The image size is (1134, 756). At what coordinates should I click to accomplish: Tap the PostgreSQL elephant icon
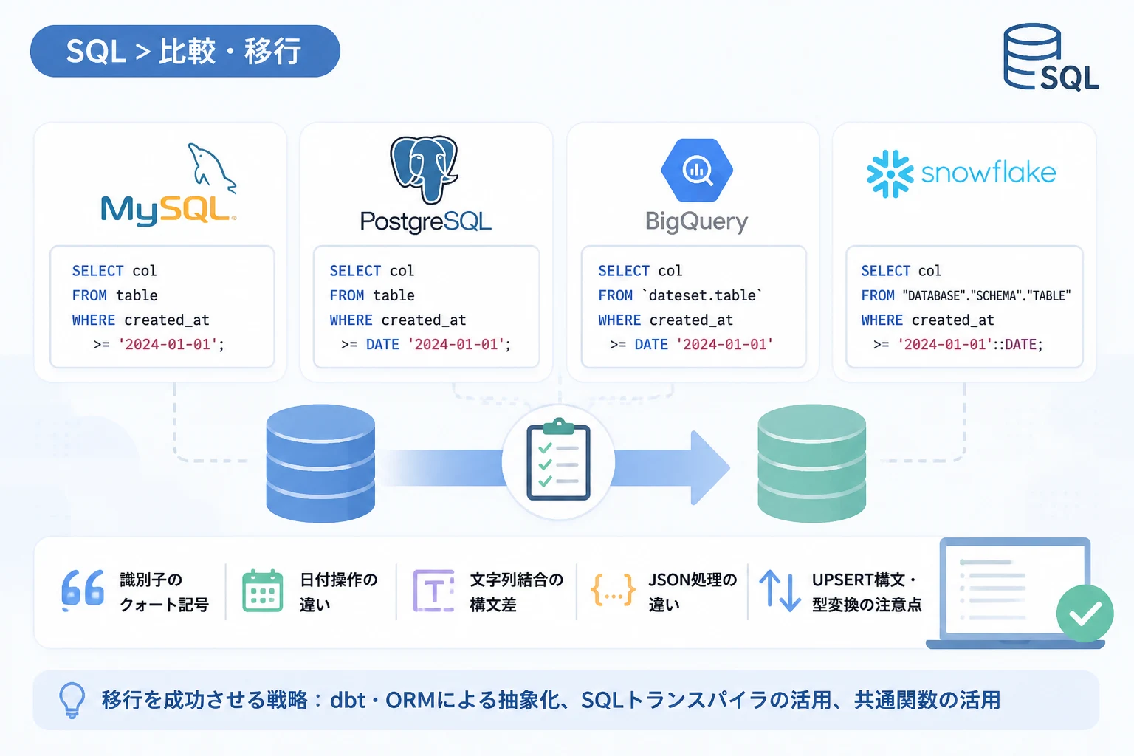[x=424, y=169]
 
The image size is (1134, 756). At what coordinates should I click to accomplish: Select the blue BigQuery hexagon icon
[x=697, y=170]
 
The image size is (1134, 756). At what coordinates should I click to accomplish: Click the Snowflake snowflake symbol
[x=890, y=173]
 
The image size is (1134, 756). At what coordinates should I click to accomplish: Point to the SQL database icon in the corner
[x=1050, y=57]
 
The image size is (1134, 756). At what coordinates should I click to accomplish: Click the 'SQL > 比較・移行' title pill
[x=185, y=51]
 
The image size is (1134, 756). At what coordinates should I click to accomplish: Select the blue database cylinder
[x=320, y=463]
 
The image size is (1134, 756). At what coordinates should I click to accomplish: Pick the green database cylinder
[x=811, y=463]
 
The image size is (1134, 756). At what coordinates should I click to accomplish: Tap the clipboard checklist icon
[x=558, y=459]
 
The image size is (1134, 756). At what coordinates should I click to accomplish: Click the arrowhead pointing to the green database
[x=709, y=467]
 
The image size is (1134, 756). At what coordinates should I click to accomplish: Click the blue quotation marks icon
[x=83, y=589]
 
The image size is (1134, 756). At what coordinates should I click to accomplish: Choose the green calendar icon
[x=262, y=591]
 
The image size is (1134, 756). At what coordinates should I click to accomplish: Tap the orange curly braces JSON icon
[x=613, y=590]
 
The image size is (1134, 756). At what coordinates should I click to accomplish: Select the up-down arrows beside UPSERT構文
[x=780, y=591]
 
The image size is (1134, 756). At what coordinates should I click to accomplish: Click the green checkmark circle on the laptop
[x=1085, y=614]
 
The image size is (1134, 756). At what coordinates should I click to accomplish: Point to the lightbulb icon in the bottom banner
[x=72, y=701]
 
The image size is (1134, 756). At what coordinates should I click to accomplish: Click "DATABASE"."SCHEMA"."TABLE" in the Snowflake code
[x=986, y=296]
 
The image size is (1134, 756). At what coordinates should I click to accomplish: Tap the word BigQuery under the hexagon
[x=697, y=221]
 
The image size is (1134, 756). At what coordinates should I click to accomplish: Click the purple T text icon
[x=434, y=591]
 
